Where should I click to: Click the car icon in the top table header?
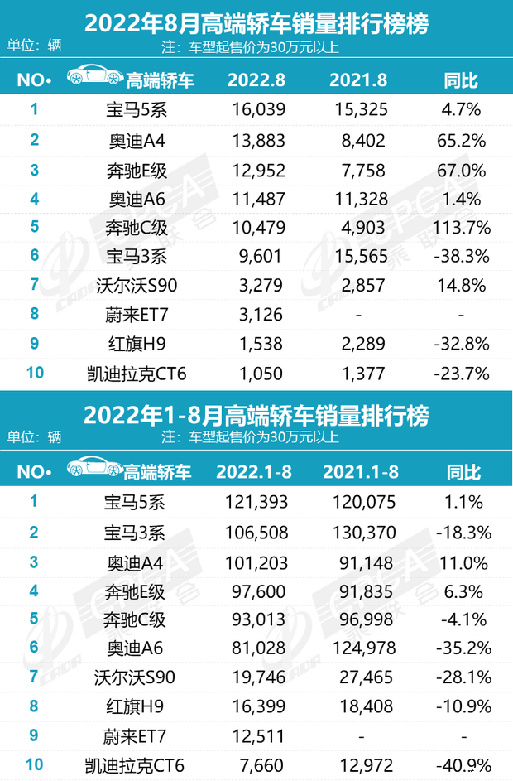click(92, 78)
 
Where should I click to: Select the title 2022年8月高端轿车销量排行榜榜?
click(256, 23)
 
